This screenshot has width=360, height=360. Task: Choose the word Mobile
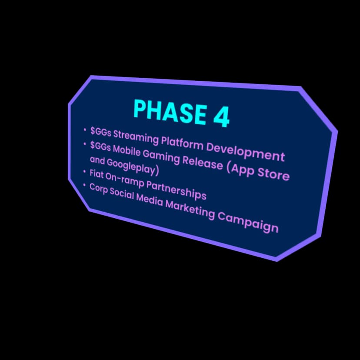pos(127,151)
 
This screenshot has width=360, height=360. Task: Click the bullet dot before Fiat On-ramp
pos(85,172)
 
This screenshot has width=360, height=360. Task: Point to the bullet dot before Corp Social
pos(85,185)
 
